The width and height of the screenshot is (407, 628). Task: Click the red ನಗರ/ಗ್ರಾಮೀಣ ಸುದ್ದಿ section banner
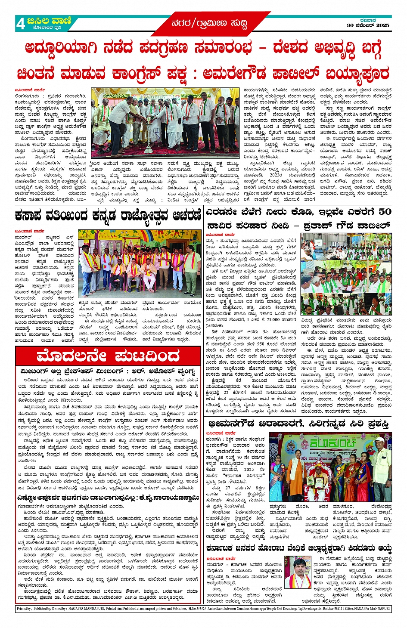209,24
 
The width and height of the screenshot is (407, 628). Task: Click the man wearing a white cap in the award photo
380,461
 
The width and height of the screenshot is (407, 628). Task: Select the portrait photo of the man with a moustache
296,572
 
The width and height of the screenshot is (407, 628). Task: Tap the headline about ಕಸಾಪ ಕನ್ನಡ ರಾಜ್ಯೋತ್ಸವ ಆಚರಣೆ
108,215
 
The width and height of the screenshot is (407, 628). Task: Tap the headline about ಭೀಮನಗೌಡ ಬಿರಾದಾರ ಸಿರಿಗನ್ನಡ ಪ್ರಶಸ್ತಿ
298,424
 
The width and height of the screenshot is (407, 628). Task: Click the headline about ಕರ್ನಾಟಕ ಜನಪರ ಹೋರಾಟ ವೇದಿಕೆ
298,548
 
